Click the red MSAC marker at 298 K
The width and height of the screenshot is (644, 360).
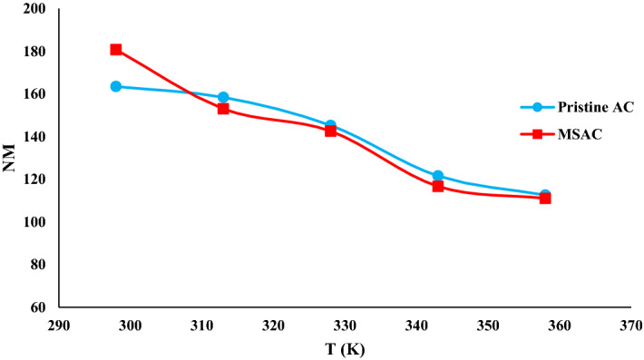pyautogui.click(x=116, y=50)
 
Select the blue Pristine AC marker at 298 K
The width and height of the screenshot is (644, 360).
pyautogui.click(x=116, y=86)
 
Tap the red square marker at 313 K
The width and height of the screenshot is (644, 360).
pyautogui.click(x=223, y=109)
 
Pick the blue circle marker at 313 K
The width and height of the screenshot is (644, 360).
pyautogui.click(x=223, y=97)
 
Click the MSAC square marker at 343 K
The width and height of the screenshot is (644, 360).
pyautogui.click(x=438, y=186)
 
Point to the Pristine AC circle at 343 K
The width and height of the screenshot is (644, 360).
pyautogui.click(x=438, y=176)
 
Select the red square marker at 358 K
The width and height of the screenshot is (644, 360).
pyautogui.click(x=545, y=198)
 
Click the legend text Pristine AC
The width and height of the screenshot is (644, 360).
pyautogui.click(x=585, y=107)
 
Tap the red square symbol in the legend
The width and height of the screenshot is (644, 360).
pyautogui.click(x=536, y=134)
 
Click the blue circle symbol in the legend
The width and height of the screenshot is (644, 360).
pyautogui.click(x=536, y=107)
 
